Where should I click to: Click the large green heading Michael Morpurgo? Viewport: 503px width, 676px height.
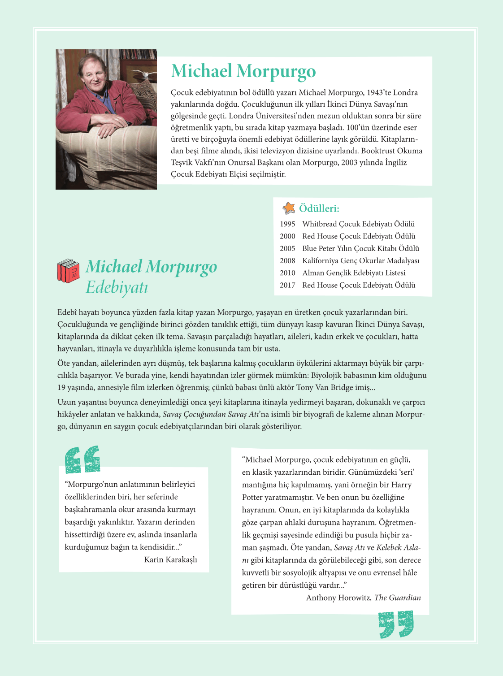coord(243,71)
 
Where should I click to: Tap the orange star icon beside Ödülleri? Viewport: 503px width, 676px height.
coord(289,208)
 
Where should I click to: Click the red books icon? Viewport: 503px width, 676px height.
coord(68,271)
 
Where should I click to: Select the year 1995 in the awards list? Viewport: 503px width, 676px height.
coord(287,224)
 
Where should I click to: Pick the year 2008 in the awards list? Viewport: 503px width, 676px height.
coord(287,261)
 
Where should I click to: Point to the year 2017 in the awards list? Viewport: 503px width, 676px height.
coord(287,285)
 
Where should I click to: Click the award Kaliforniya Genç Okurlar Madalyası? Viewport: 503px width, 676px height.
coord(360,261)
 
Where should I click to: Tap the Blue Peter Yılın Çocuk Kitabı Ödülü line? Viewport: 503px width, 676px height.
coord(360,249)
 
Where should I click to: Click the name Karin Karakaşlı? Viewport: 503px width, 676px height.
coord(170,559)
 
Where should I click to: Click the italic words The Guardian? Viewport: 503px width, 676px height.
coord(398,598)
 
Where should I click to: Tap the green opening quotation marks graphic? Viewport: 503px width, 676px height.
coord(82,459)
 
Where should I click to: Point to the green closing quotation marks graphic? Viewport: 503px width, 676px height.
coord(396,624)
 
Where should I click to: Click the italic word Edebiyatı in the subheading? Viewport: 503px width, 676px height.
coord(117,287)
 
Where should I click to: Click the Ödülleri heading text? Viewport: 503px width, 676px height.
coord(319,208)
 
